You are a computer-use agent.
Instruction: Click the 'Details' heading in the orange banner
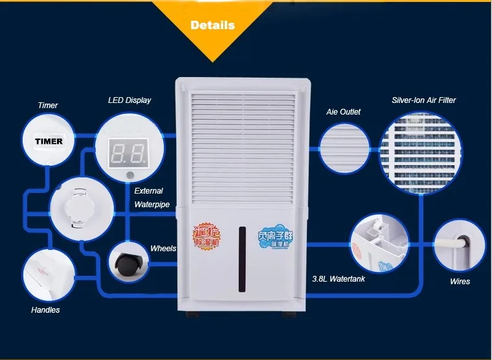[x=212, y=26]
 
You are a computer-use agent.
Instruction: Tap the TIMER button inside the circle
[x=49, y=141]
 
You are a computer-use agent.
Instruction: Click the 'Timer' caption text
[x=48, y=106]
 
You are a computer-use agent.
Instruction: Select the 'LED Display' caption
[x=129, y=100]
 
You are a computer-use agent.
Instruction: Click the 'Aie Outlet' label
[x=343, y=112]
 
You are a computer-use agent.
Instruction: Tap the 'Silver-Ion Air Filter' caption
[x=423, y=100]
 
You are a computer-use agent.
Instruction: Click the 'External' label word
[x=148, y=191]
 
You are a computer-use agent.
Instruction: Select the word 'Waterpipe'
[x=151, y=205]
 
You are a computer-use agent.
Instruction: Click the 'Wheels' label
[x=163, y=248]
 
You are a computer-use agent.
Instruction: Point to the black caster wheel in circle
[x=125, y=263]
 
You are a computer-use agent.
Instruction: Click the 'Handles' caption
[x=45, y=310]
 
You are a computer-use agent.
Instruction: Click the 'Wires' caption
[x=460, y=282]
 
